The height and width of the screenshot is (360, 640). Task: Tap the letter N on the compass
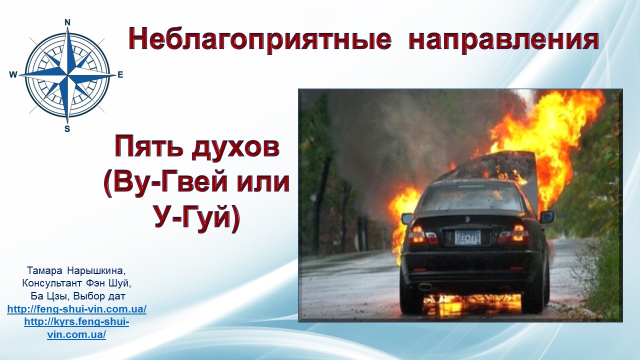(x=67, y=22)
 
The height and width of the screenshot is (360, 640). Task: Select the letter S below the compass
(x=67, y=129)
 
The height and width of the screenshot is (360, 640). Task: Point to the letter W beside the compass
(x=13, y=75)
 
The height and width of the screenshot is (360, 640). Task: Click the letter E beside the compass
(x=120, y=75)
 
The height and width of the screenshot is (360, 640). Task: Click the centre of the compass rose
(x=67, y=75)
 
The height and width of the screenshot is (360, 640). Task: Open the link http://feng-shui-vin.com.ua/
(x=77, y=309)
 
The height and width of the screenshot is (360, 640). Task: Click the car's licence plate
(x=467, y=237)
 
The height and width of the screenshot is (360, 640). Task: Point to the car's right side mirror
(x=546, y=217)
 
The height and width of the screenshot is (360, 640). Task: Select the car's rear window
(x=471, y=197)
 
